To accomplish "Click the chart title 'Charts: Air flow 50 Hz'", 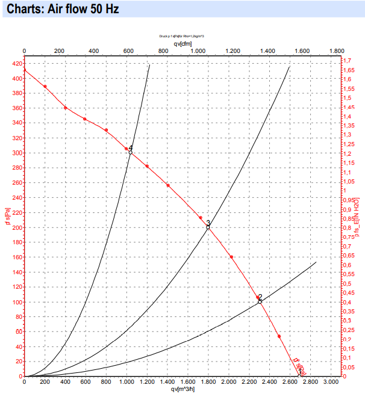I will pyautogui.click(x=57, y=10).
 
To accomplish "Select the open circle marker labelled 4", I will pyautogui.click(x=130, y=152).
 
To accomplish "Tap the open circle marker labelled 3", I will pyautogui.click(x=208, y=227).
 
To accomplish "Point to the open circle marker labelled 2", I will pyautogui.click(x=260, y=301).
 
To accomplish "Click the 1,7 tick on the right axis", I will pyautogui.click(x=346, y=61).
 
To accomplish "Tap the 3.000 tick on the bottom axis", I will pyautogui.click(x=331, y=382).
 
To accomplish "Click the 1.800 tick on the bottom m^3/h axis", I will pyautogui.click(x=208, y=382).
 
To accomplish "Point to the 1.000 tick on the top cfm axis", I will pyautogui.click(x=198, y=51).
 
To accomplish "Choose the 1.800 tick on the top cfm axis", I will pyautogui.click(x=337, y=51).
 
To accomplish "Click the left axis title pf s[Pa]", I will pyautogui.click(x=7, y=218).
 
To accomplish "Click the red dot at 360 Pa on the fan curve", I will pyautogui.click(x=66, y=108).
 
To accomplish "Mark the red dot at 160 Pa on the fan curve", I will pyautogui.click(x=231, y=257).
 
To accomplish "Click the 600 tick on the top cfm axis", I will pyautogui.click(x=128, y=51).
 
